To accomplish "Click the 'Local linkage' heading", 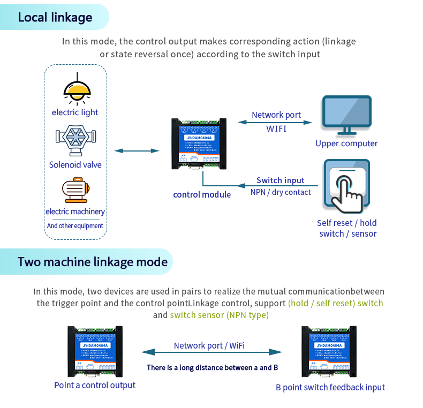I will [x=55, y=17].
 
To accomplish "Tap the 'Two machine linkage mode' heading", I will [x=92, y=262].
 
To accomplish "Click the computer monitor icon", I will [x=346, y=115].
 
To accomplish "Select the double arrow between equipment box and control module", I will [x=137, y=151].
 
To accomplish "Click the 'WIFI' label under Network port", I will [x=276, y=129].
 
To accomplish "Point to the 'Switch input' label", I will [x=280, y=180].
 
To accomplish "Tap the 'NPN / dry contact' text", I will [x=281, y=192].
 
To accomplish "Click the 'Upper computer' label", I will [x=346, y=143].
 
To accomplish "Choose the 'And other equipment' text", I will [x=75, y=226].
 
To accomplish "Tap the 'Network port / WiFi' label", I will [x=209, y=345].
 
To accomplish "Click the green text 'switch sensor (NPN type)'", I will [x=219, y=315].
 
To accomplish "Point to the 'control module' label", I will [x=202, y=194].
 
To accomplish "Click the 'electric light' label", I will [x=75, y=112].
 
